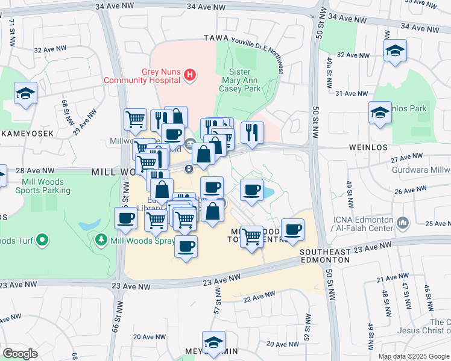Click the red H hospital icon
pos(191,75)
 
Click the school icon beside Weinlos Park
pos(380,113)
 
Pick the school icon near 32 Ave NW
pos(395,51)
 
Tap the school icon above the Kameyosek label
pos(25,93)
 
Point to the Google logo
pos(20,354)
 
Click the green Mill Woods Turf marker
pos(42,241)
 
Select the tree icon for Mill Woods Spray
pos(101,241)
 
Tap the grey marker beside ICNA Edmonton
pos(403,224)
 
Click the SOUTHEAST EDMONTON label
pos(324,256)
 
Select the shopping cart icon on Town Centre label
pos(251,236)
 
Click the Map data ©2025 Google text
pos(413,356)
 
